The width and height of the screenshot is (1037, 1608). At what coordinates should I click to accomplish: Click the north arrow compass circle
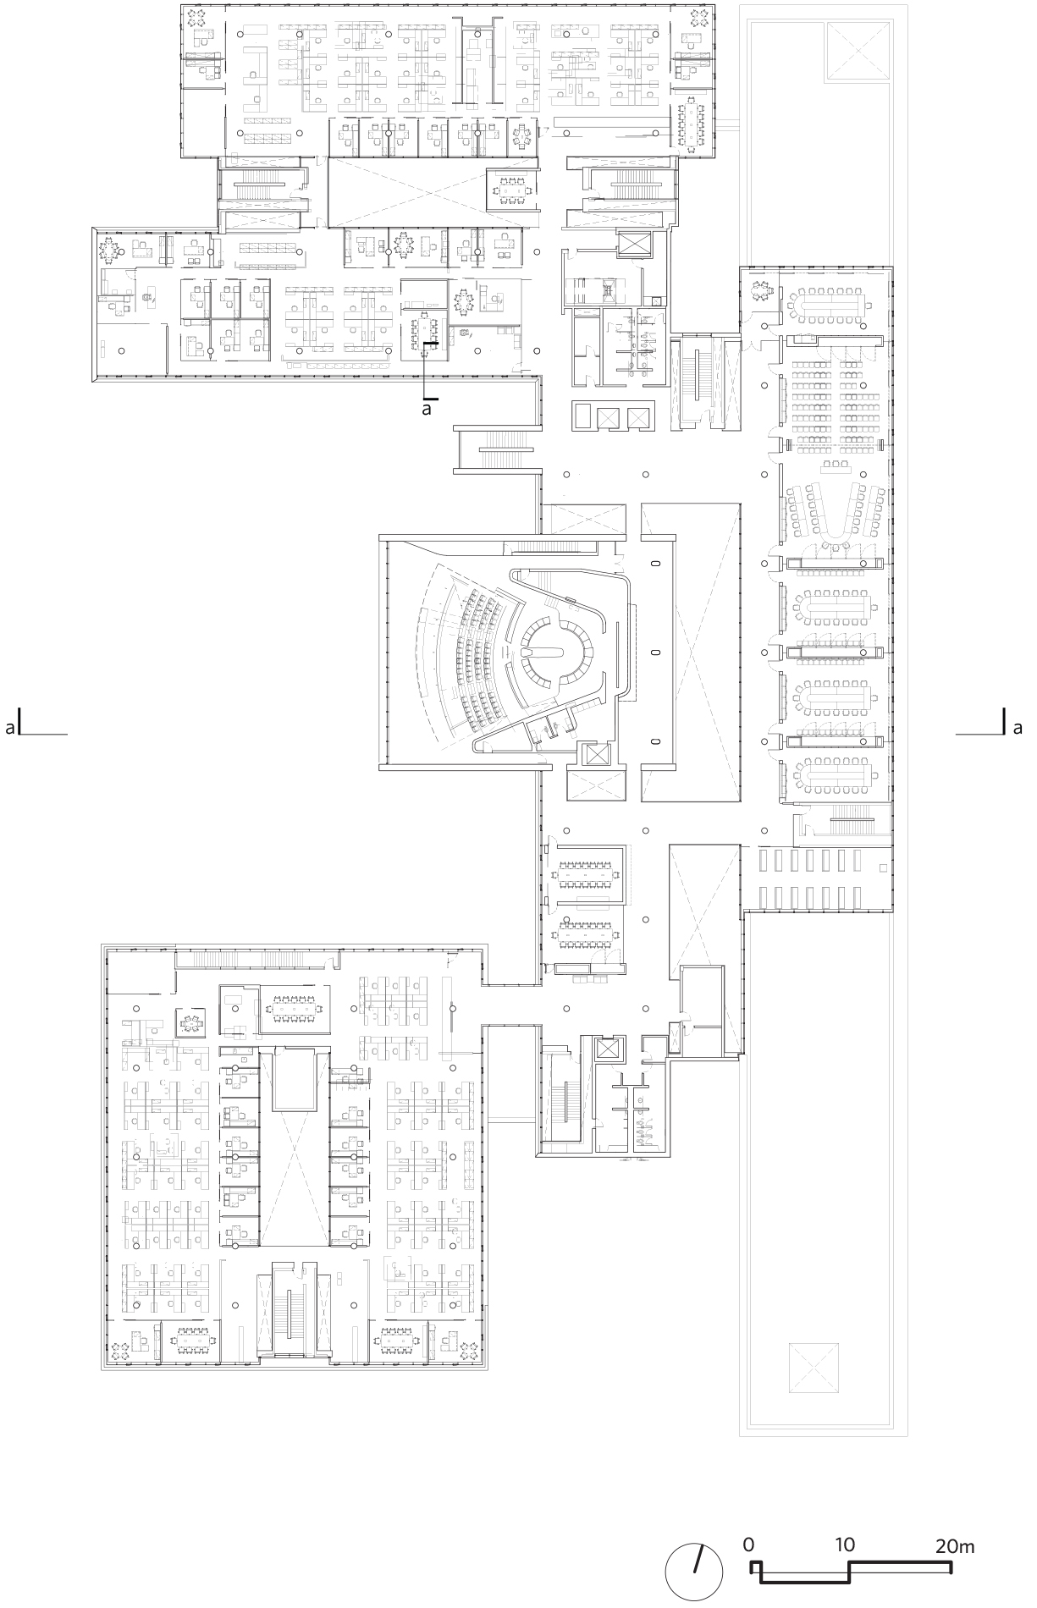coord(693,1566)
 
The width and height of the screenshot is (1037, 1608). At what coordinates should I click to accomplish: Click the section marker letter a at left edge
coord(10,727)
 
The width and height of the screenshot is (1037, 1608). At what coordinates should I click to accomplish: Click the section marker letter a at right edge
coord(1017,726)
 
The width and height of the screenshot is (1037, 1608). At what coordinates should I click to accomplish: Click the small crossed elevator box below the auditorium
coord(596,754)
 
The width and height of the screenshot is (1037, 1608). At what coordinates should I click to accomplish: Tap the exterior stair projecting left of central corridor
coord(498,449)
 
